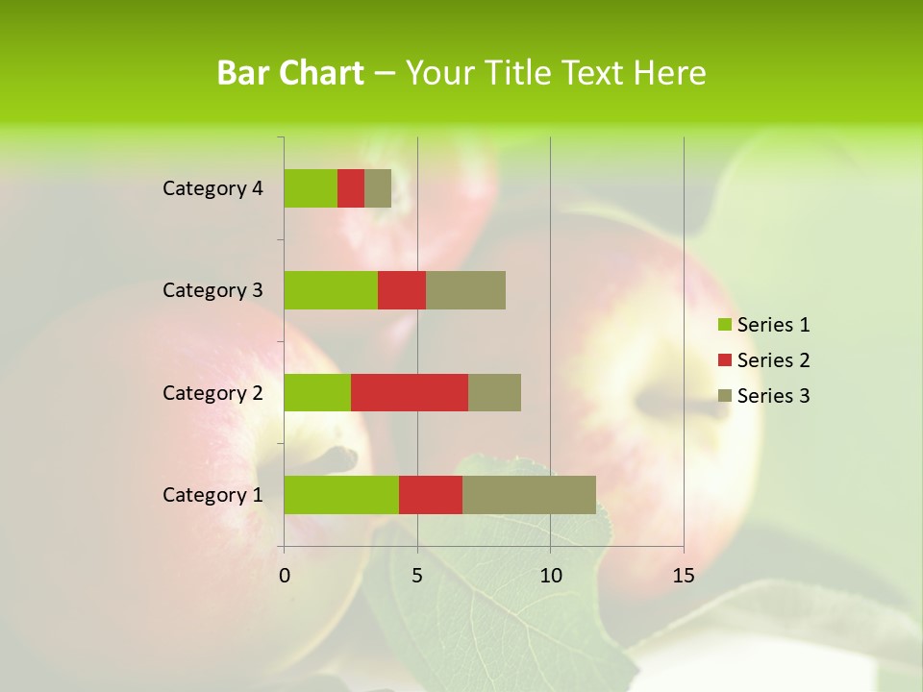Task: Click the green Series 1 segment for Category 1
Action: coord(341,494)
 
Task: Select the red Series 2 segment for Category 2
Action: coord(410,392)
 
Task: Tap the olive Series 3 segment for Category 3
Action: coord(465,290)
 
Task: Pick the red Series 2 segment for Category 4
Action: coord(351,188)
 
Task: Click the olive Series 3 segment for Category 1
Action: coord(529,494)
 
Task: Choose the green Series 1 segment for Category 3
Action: coord(331,290)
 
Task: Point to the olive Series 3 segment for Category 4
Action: coord(378,188)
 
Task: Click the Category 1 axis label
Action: coord(212,495)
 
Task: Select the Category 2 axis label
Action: coord(212,393)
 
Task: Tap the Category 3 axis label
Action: coord(212,290)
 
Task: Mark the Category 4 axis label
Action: coord(212,188)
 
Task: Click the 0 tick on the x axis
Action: coord(285,576)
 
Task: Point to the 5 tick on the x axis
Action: coord(417,576)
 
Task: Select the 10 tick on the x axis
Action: coord(550,576)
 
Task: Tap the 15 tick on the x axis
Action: coord(683,576)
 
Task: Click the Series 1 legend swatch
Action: coord(725,325)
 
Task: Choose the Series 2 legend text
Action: coord(773,360)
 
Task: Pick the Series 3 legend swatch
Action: coord(725,396)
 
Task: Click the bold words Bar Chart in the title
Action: coord(290,73)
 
